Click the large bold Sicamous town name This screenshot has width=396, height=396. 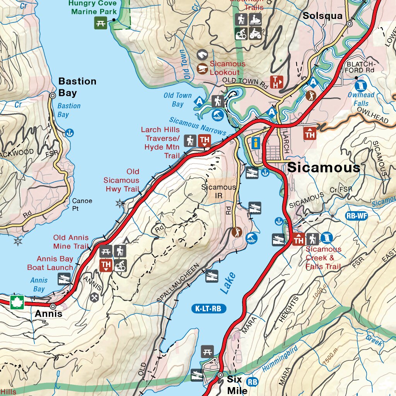(324, 167)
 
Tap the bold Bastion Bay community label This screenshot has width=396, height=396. (77, 87)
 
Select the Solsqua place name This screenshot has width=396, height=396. (323, 16)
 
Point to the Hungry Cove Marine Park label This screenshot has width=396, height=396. (93, 7)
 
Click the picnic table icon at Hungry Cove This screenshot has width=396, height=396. (101, 23)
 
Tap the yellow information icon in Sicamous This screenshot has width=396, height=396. (255, 143)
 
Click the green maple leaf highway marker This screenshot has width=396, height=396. (17, 302)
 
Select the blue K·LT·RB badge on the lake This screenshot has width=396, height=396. (209, 309)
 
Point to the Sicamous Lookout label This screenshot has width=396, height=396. (227, 68)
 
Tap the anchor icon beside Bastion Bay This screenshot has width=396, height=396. (70, 133)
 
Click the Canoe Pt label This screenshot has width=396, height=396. (82, 205)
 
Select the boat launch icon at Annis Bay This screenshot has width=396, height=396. (64, 279)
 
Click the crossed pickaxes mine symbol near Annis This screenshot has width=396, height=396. (94, 297)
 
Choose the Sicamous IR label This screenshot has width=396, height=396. (218, 191)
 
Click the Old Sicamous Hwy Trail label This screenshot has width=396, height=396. (121, 180)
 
